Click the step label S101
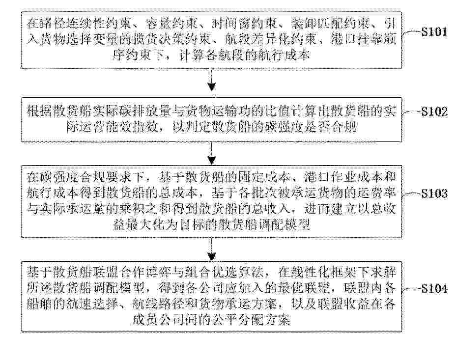[x=434, y=31]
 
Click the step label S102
[x=434, y=111]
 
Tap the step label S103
[x=434, y=193]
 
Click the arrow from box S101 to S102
[x=212, y=80]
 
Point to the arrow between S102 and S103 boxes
[x=212, y=153]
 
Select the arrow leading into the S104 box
[x=212, y=249]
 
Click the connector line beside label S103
[x=411, y=194]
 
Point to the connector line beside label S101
[x=411, y=32]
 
